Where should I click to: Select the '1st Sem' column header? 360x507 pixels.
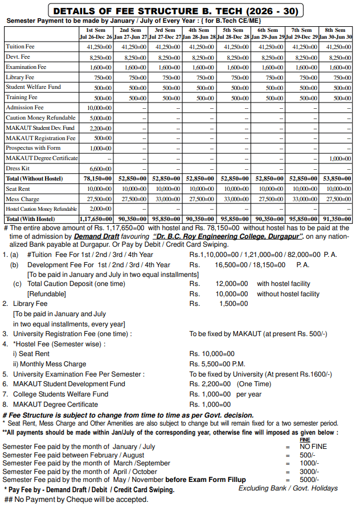[x=96, y=30]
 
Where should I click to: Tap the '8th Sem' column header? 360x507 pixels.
[x=336, y=30]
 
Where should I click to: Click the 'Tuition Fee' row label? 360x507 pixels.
[x=20, y=47]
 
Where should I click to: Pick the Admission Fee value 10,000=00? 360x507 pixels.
[x=99, y=107]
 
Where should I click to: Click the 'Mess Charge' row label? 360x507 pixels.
[x=22, y=199]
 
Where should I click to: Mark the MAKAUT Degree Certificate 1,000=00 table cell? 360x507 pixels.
[x=338, y=158]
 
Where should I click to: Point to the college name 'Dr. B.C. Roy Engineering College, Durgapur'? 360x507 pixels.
[x=230, y=235]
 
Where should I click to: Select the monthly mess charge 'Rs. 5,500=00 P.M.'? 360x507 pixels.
[x=217, y=364]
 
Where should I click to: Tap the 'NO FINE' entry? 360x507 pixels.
[x=313, y=447]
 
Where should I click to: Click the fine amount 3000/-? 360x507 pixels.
[x=309, y=472]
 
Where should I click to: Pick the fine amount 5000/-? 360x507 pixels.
[x=309, y=480]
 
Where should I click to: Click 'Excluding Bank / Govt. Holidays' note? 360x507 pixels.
[x=288, y=488]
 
